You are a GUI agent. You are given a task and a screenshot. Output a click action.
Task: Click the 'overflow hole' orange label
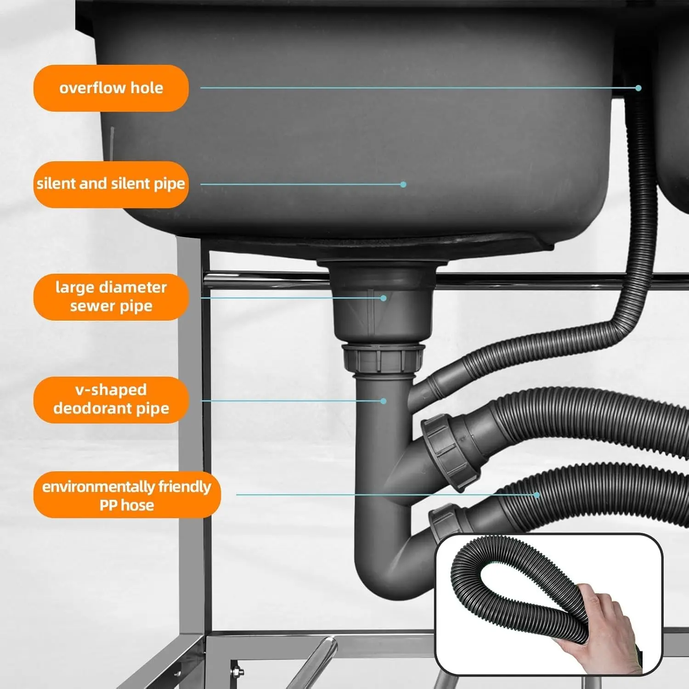(111, 88)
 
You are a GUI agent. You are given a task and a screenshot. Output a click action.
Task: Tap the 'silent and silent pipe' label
(111, 184)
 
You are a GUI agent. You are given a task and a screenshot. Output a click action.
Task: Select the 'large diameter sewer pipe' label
(111, 297)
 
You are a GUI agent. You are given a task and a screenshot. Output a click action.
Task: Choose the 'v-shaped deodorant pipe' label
(111, 400)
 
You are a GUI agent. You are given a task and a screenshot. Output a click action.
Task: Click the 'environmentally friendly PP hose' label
(127, 495)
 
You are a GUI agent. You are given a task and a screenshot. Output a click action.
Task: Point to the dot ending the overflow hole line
(638, 88)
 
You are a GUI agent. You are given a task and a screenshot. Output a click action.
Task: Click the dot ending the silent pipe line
(403, 184)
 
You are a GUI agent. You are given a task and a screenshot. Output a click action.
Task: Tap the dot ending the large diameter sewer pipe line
(384, 298)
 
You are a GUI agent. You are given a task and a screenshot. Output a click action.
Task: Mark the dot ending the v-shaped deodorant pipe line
(384, 401)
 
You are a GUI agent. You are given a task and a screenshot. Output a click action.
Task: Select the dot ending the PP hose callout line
(537, 495)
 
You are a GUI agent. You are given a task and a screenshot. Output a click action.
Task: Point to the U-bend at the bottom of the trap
(390, 579)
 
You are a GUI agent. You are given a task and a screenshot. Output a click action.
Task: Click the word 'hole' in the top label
(147, 88)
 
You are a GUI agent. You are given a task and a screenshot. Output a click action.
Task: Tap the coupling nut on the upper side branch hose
(450, 452)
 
